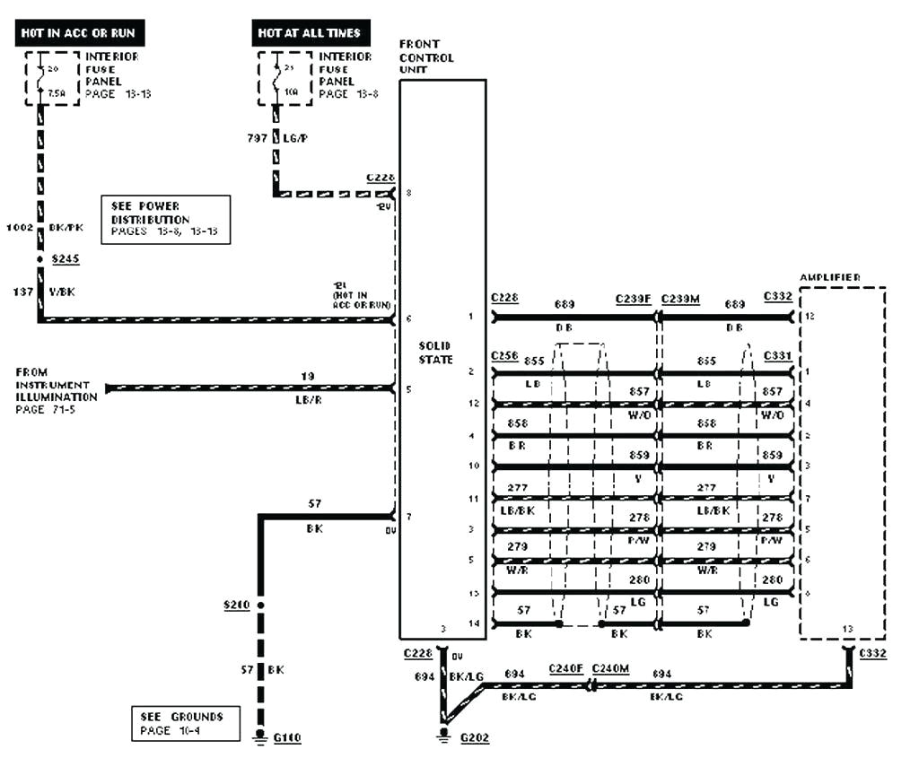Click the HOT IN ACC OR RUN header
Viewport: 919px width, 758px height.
pos(80,33)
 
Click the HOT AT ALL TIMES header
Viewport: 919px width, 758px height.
pos(309,33)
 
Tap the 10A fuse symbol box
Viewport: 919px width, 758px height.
pos(284,78)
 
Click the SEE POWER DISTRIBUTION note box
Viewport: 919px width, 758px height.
pos(165,218)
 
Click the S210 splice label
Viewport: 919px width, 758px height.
pos(236,606)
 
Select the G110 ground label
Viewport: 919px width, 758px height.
pos(287,737)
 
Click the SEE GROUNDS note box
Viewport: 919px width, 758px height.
pos(184,723)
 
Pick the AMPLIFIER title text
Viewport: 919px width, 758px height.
pos(829,278)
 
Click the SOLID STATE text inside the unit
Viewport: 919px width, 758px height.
pos(434,353)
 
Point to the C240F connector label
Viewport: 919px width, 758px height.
pos(566,668)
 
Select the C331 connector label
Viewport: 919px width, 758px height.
pos(777,356)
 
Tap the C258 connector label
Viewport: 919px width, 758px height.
pos(504,356)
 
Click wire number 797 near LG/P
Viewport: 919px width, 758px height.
pos(257,138)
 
